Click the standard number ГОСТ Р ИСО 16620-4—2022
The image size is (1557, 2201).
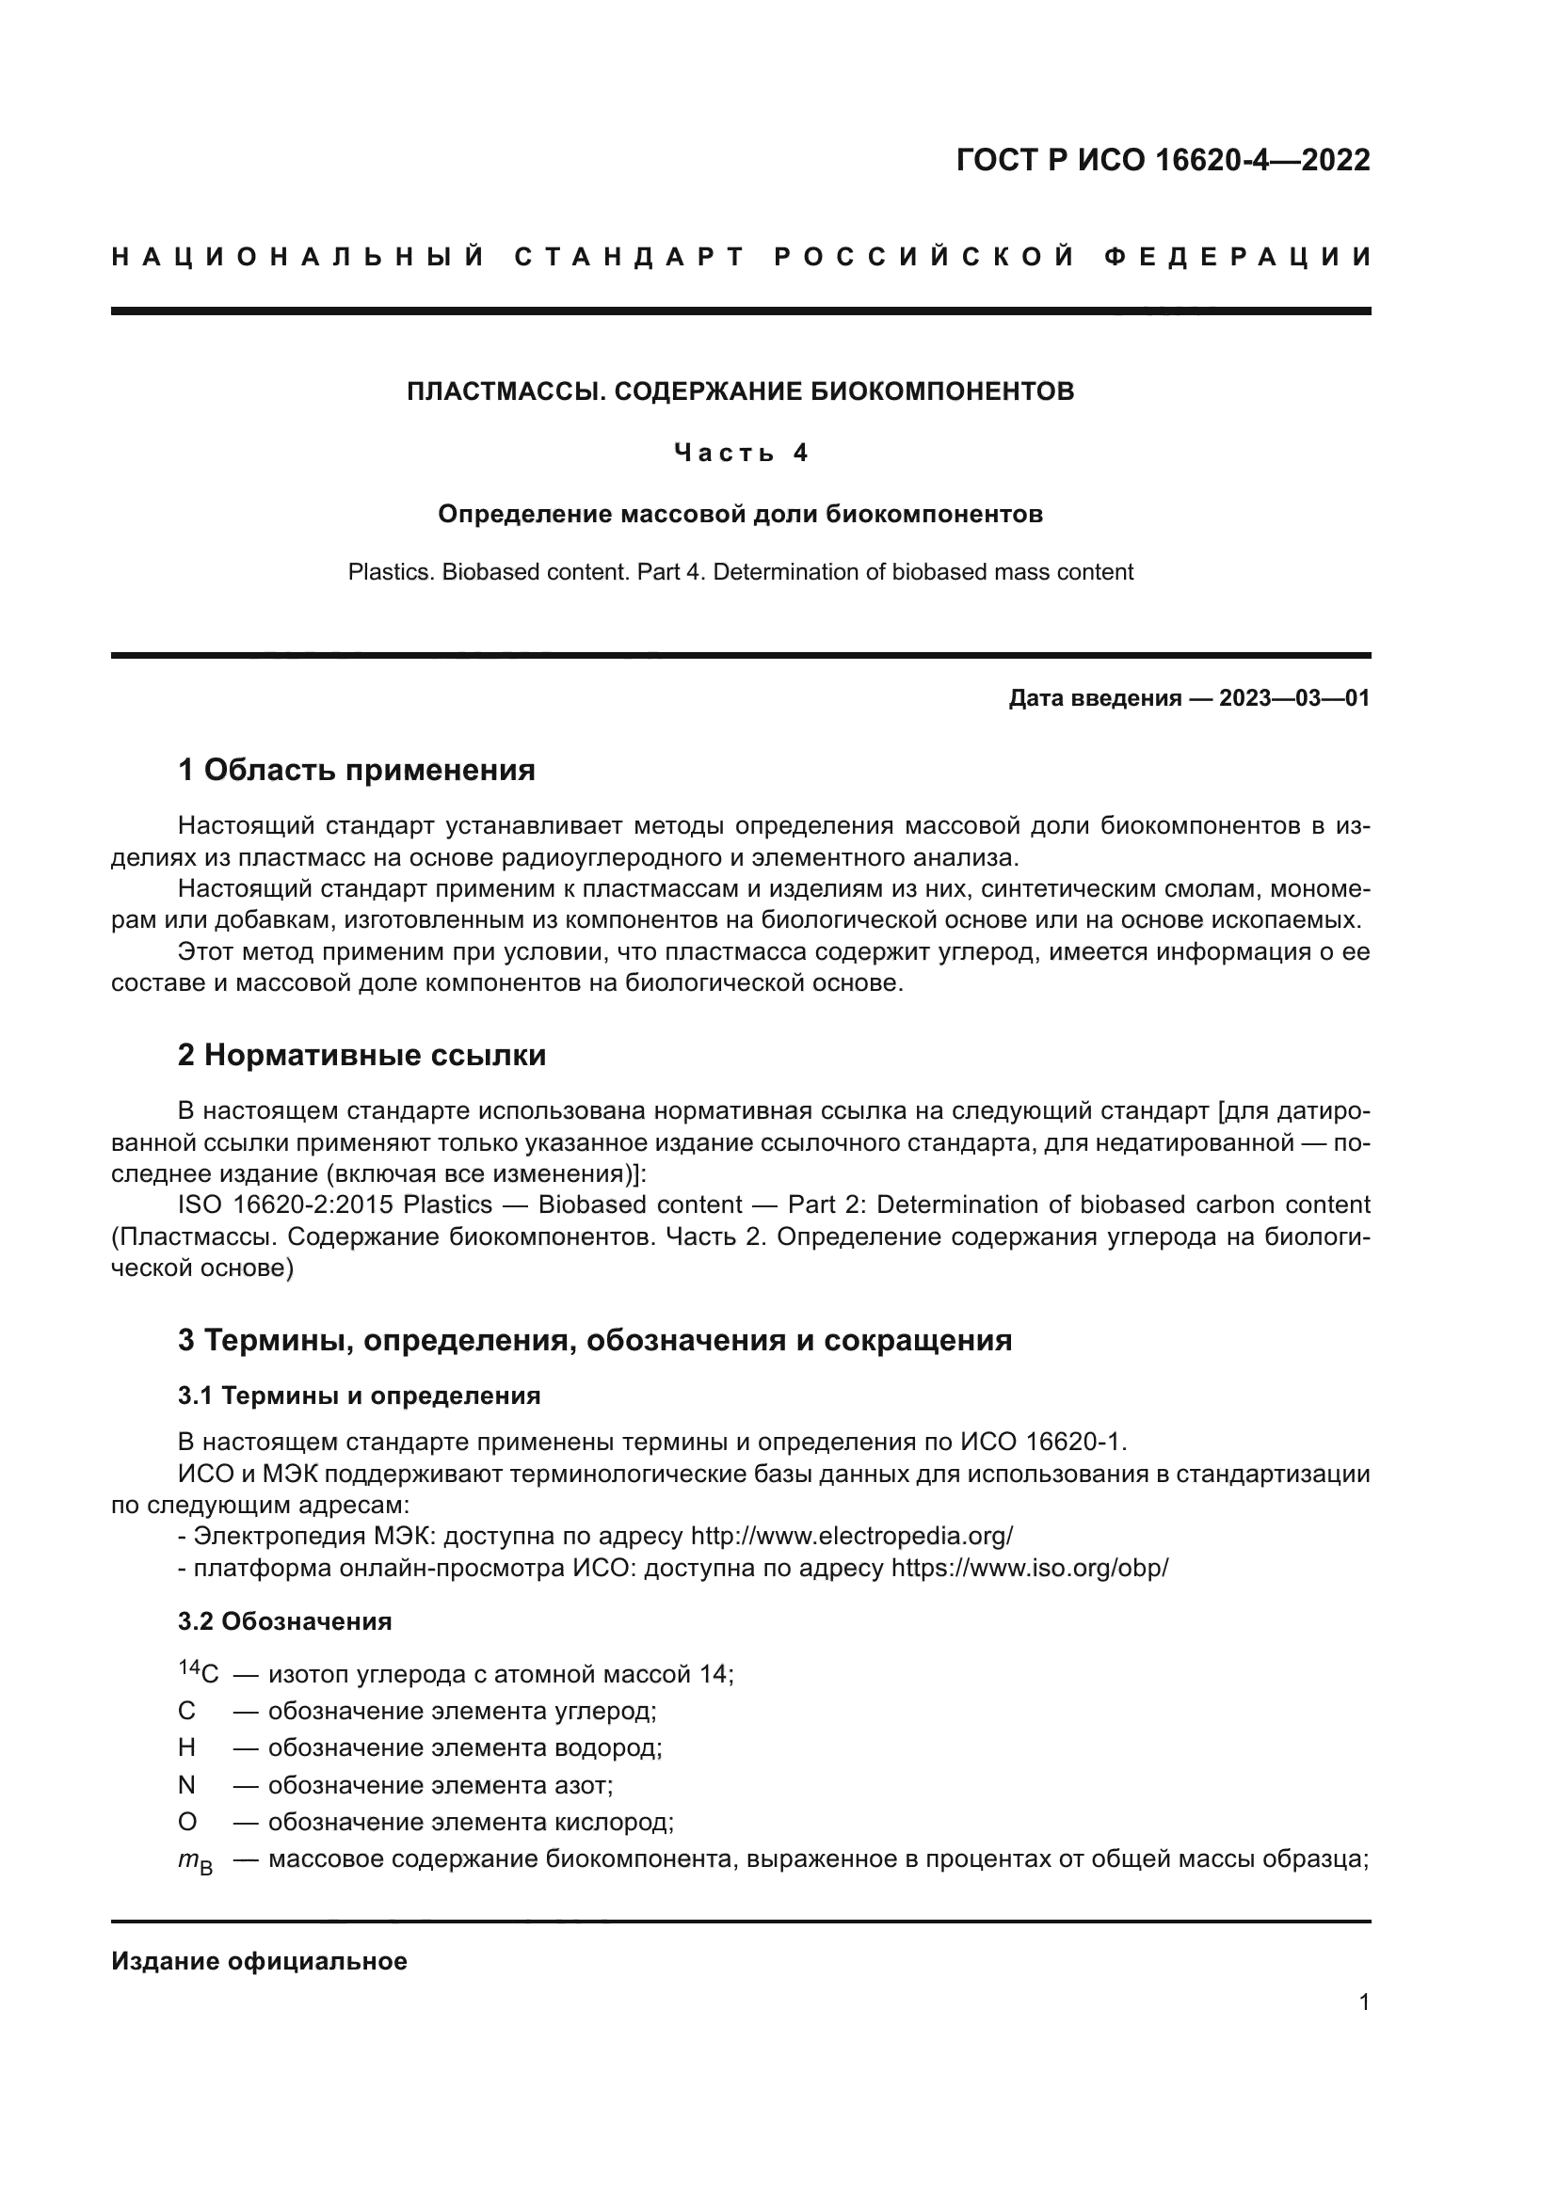point(1162,160)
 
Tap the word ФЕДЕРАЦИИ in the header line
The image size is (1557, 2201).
point(1237,257)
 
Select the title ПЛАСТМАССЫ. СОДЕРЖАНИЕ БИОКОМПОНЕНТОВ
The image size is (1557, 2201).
point(740,391)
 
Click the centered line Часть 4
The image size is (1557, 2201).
point(740,453)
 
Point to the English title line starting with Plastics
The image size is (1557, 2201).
point(740,572)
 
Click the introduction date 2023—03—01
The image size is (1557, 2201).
point(1294,698)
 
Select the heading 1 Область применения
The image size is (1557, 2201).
point(356,769)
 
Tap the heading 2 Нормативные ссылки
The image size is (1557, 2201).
point(361,1055)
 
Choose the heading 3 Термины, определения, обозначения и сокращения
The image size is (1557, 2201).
point(594,1339)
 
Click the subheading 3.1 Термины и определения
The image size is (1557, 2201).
point(359,1396)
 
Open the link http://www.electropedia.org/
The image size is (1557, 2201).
point(851,1536)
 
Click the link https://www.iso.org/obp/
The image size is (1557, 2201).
point(1030,1569)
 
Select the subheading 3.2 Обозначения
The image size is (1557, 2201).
point(284,1622)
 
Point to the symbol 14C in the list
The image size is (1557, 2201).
point(199,1674)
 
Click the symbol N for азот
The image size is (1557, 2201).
point(187,1785)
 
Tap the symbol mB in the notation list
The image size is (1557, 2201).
point(196,1861)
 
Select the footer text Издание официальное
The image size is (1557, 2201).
point(259,1961)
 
